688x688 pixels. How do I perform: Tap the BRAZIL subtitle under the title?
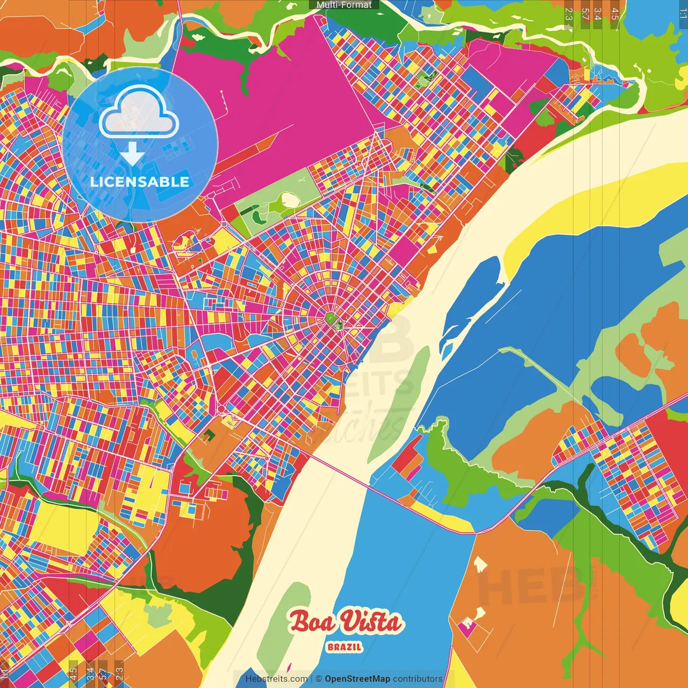tap(345, 647)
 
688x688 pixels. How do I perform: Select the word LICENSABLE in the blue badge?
tap(140, 182)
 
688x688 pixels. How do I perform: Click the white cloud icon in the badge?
tap(139, 112)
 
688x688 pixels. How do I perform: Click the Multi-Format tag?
tap(344, 5)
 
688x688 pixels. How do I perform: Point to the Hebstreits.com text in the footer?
tap(276, 679)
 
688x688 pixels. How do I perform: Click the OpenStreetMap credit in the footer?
tap(357, 679)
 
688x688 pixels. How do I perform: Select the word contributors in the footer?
tap(418, 679)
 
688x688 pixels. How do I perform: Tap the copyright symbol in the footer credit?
tap(319, 679)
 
